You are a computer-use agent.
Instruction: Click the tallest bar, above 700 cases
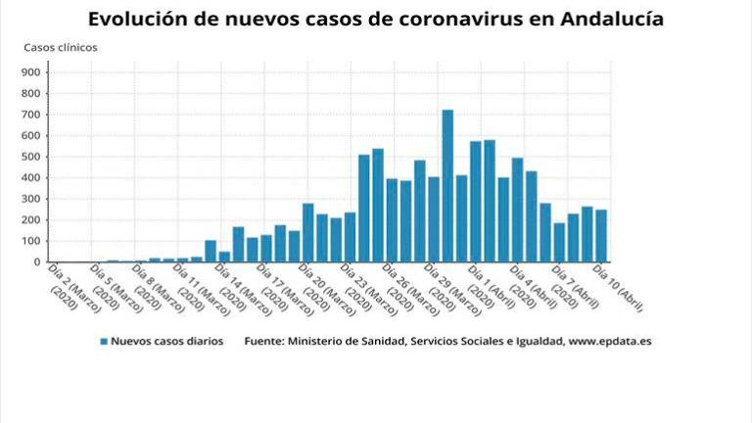tap(447, 186)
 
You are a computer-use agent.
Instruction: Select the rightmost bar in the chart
tap(601, 236)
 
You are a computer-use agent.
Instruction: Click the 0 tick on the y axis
tap(36, 262)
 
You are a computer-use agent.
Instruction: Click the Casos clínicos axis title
tap(60, 47)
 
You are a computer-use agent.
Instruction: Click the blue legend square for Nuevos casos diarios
tap(103, 342)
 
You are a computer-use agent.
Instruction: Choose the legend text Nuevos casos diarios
tap(166, 342)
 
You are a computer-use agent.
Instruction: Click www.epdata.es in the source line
tap(610, 342)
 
